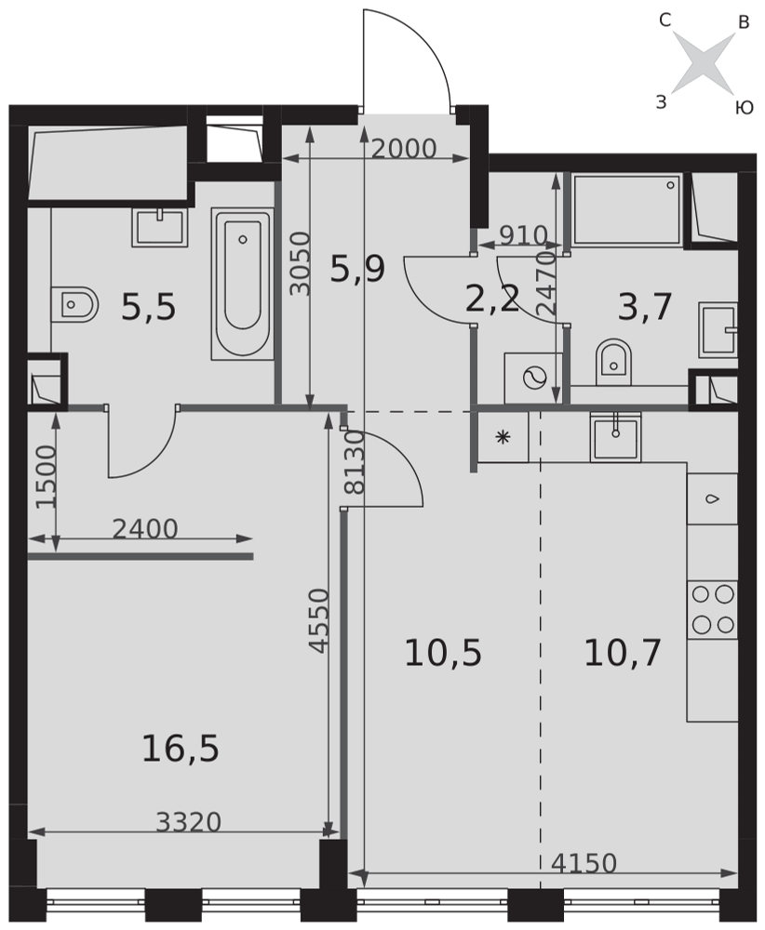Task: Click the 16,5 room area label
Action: pos(181,748)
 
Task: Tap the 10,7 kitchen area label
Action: pos(623,653)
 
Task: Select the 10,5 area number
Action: pos(443,653)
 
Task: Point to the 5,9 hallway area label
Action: pos(358,269)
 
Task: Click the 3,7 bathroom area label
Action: pos(645,308)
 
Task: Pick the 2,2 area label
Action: pos(492,299)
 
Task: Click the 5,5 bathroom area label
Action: pos(148,308)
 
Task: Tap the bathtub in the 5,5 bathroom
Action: pos(242,284)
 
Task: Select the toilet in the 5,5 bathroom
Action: pos(74,305)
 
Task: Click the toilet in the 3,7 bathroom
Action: pos(613,361)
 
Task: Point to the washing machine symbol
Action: pos(533,378)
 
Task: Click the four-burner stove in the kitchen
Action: pos(712,610)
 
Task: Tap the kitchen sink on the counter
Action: pos(615,436)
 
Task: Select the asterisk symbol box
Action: pos(503,438)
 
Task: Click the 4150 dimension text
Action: pos(584,864)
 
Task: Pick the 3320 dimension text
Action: pos(188,822)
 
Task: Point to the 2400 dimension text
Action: pos(145,529)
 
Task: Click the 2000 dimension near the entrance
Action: pos(404,149)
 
